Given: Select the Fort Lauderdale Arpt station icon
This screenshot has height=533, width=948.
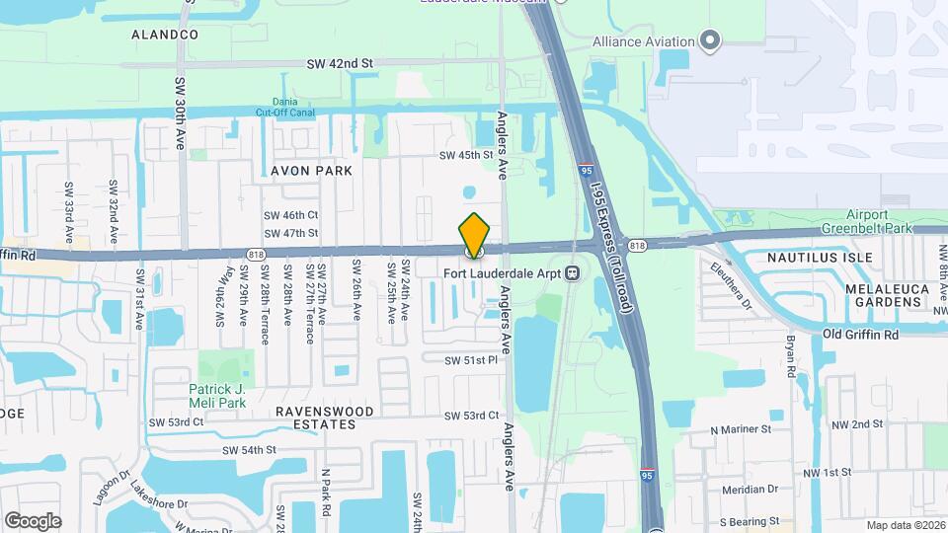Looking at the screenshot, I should (x=572, y=273).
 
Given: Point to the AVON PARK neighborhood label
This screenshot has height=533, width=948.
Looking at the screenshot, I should (x=312, y=171).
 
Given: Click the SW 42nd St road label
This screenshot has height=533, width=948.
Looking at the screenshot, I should (x=341, y=63).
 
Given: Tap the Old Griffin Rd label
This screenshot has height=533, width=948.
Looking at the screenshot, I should (x=861, y=335).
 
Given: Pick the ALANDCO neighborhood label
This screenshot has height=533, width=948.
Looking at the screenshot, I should (x=165, y=35).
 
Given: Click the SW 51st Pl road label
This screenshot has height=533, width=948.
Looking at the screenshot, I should (x=470, y=360).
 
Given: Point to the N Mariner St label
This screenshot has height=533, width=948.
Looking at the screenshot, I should (x=741, y=429).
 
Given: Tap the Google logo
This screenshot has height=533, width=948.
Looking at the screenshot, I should (x=33, y=520).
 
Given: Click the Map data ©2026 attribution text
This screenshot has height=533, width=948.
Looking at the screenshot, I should (x=906, y=525).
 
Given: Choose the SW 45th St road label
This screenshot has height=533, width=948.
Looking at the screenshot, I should (x=466, y=155).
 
